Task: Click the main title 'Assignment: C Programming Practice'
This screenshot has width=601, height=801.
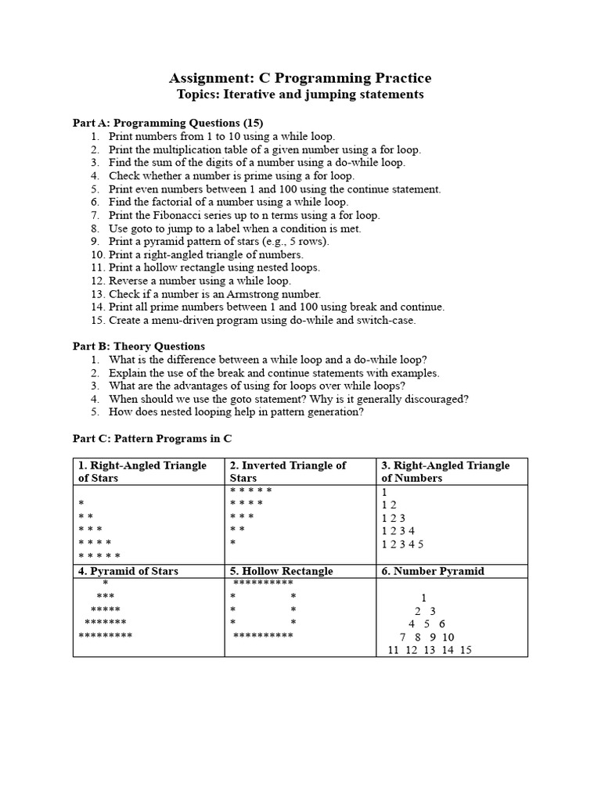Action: pos(300,77)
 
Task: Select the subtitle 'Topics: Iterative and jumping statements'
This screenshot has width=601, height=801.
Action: pos(300,95)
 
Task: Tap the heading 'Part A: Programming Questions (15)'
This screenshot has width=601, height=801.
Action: pos(168,123)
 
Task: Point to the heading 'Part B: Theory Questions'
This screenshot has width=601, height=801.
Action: pos(139,347)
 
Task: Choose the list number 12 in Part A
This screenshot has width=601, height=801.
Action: pos(98,281)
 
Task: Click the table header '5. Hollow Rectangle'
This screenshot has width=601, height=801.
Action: pos(282,571)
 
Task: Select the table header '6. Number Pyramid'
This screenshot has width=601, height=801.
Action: pos(433,571)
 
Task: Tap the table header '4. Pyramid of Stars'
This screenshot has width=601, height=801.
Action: pos(128,571)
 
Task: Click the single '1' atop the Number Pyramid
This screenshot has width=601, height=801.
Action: pos(423,598)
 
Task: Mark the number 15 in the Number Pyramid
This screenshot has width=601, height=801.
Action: pos(466,650)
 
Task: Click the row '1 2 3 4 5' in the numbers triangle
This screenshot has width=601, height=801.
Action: pos(402,544)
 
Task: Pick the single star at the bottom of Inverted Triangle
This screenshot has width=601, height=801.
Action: pos(233,542)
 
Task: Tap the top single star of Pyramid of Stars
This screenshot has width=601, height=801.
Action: pos(106,584)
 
